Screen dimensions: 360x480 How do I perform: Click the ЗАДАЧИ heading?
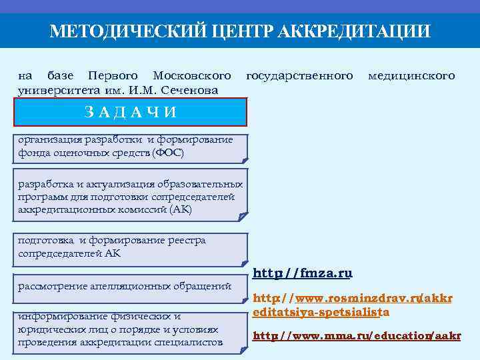click(131, 112)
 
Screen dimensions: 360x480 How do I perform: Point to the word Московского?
click(192, 75)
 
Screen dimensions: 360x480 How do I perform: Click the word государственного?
click(299, 75)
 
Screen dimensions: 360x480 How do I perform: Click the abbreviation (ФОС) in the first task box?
click(168, 153)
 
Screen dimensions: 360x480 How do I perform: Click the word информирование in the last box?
click(57, 316)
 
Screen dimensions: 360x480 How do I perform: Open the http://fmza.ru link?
click(303, 273)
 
